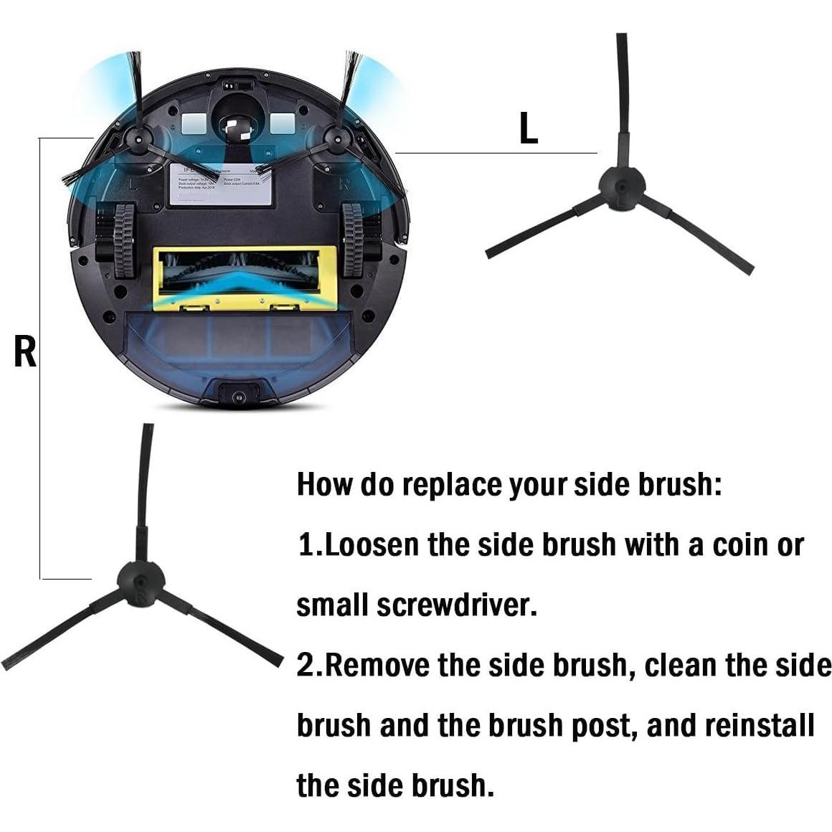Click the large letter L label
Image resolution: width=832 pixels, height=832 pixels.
click(529, 129)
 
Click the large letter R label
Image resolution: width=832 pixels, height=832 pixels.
click(25, 351)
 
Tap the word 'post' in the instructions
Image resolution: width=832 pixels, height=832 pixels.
click(602, 725)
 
